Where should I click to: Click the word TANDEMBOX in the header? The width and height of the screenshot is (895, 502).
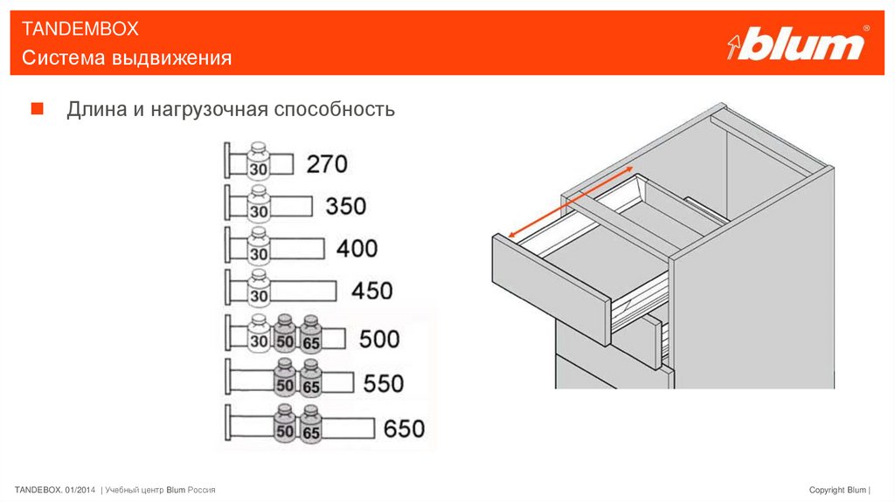point(80,29)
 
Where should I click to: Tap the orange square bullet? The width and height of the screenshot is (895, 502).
point(37,109)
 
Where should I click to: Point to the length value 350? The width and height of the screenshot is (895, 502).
point(346,206)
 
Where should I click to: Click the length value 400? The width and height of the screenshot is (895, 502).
point(357,248)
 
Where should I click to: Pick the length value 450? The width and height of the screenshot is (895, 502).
point(371,290)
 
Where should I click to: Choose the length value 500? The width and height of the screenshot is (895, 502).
point(378,339)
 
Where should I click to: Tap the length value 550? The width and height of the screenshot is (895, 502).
point(384,383)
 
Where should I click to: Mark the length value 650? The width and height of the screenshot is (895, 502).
point(404,429)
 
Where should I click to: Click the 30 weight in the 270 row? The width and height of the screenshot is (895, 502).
point(258,165)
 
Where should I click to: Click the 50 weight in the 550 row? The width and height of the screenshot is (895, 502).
point(284,383)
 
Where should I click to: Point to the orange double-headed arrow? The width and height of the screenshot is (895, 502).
point(570,200)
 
